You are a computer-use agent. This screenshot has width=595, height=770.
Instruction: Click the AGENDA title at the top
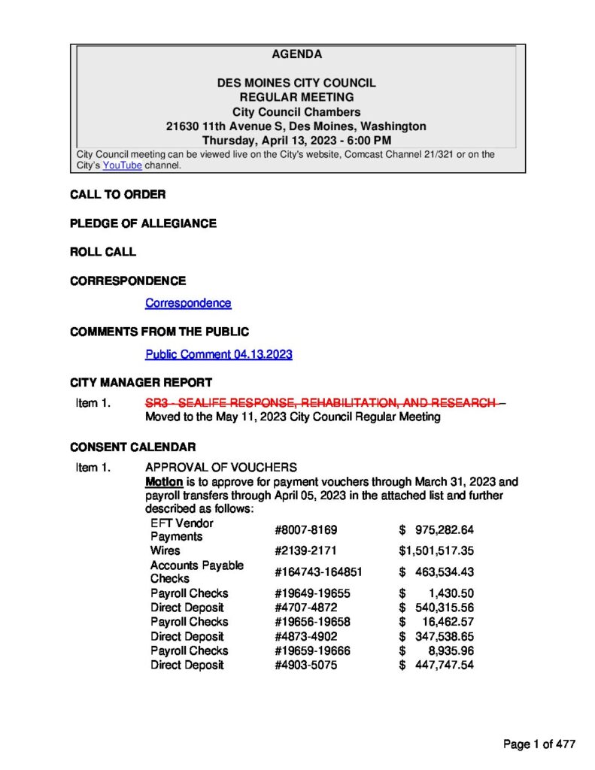296,54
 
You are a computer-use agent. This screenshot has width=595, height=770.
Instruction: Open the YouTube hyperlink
122,165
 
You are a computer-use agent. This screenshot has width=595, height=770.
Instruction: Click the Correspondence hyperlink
188,303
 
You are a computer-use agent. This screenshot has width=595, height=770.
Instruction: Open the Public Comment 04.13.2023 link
218,354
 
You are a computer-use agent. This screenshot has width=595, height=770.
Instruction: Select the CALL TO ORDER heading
117,195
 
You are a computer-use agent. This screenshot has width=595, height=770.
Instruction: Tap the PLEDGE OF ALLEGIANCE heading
143,223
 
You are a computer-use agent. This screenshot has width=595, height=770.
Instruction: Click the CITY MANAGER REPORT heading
141,383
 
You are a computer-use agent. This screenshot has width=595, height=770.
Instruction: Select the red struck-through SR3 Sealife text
320,403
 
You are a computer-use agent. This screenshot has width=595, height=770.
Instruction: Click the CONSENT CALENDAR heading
132,447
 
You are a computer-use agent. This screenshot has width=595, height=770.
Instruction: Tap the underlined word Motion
164,481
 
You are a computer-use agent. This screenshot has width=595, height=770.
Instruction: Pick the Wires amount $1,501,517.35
436,550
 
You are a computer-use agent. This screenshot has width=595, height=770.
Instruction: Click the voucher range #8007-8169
301,529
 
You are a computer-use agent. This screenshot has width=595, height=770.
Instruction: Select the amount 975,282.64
444,529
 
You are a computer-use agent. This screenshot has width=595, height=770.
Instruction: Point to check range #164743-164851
319,571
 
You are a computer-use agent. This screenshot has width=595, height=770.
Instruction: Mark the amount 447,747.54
444,665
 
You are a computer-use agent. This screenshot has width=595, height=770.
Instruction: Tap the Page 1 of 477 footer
539,744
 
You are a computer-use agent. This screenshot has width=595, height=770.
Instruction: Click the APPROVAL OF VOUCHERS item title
220,468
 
